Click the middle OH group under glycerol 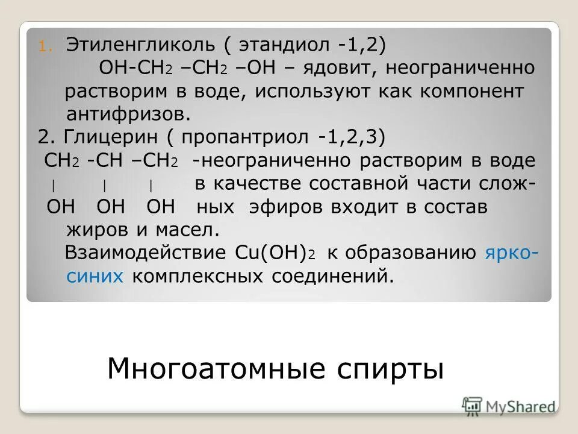(111, 207)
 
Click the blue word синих (94, 276)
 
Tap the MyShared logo (508, 406)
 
